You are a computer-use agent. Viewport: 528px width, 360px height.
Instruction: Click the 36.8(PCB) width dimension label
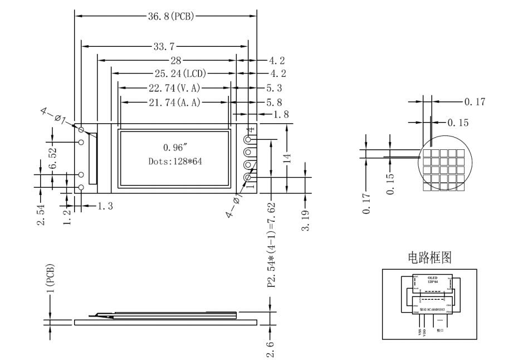tap(171, 16)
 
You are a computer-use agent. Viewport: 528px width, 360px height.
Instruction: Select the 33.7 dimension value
tap(165, 46)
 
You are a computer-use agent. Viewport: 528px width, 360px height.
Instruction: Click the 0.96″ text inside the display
tap(174, 148)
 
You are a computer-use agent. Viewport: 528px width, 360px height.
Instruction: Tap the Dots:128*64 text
tap(174, 160)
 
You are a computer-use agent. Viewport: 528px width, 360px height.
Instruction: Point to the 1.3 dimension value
tap(105, 206)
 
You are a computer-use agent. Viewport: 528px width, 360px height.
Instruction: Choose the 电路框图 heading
tap(430, 257)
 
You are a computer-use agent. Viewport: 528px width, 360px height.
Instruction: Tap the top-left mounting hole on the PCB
tap(81, 129)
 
